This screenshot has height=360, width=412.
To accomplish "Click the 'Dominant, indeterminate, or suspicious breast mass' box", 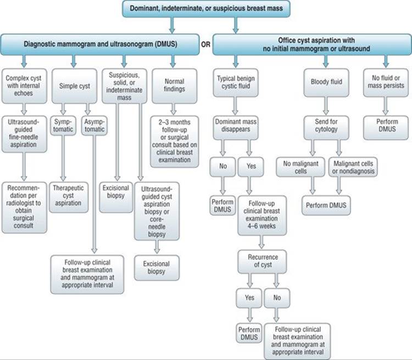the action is point(206,9).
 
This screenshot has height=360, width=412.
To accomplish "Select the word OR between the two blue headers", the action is point(206,45).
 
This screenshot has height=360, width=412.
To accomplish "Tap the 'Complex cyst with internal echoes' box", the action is point(24,86).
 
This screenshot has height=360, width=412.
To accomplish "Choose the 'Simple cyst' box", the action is point(74,86).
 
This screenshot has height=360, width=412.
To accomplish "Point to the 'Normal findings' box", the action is point(175,86).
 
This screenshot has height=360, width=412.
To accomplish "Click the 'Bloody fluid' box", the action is point(326,83).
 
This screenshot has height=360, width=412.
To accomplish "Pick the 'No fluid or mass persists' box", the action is point(386,83).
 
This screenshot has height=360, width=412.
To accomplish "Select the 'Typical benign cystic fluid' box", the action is point(236,83).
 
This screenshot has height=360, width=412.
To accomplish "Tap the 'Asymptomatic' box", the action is point(94,126).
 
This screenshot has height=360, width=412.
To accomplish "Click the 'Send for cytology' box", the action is point(326,128).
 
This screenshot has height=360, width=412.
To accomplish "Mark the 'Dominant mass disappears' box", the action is point(236,128).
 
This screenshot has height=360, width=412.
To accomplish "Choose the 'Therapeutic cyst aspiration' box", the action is point(69,197).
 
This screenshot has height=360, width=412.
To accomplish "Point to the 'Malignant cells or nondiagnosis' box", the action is point(353,167).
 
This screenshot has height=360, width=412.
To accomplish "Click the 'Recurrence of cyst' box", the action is point(262,262).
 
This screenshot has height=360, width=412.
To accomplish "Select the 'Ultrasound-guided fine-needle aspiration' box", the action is point(24,134).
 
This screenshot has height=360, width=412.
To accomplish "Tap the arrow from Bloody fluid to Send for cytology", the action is point(326,106).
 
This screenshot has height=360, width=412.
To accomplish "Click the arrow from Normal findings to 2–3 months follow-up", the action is point(173,109).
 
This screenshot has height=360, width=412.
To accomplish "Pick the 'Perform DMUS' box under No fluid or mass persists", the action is point(386,128).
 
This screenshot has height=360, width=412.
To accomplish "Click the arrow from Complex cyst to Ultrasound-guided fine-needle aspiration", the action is point(24,109).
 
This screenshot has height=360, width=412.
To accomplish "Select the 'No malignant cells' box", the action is point(300,167).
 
